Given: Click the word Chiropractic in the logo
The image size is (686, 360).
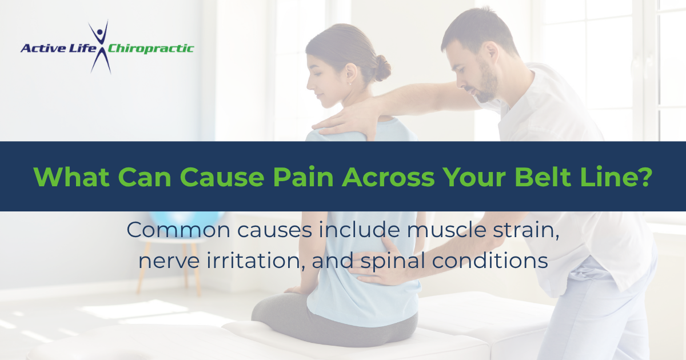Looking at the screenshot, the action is coord(151,49).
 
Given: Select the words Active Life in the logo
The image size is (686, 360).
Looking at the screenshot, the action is coord(58,49).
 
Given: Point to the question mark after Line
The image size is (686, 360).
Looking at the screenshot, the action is coord(644,177).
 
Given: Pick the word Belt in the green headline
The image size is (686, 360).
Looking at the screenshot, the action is coord(543,177).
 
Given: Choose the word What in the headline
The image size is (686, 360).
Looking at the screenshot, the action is coord(71,177).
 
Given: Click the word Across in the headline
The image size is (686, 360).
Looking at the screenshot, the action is coord(388,177).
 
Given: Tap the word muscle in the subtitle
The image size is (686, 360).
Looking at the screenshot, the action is coord(446,230).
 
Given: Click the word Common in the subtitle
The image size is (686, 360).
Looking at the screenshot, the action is coord(178,230).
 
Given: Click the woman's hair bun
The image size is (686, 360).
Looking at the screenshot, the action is coord(382,68).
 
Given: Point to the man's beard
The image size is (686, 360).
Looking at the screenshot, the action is coord(486,83).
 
